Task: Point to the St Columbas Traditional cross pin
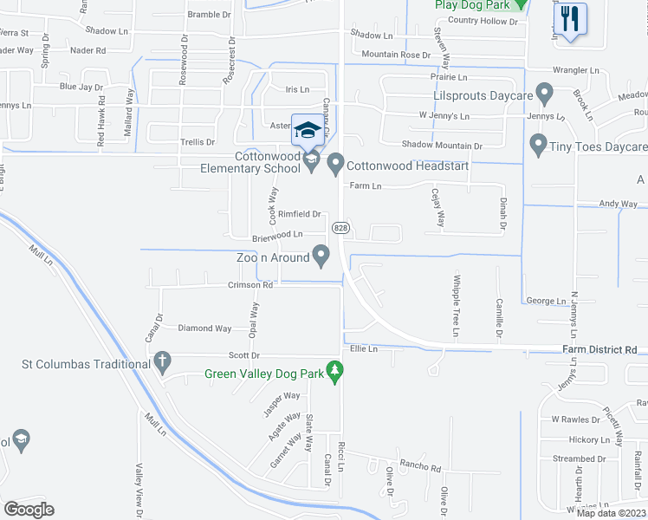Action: [x=162, y=363]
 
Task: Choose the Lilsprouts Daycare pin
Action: [x=545, y=93]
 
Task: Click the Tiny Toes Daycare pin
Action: [x=538, y=146]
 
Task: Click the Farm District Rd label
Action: [x=599, y=349]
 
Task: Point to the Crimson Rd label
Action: [x=250, y=284]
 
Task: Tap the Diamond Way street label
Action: [x=204, y=328]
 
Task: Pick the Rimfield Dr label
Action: [x=300, y=214]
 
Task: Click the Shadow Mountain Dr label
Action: [x=442, y=146]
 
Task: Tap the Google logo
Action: [x=29, y=510]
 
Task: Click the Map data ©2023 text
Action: [x=612, y=513]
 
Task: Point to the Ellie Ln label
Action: [x=364, y=349]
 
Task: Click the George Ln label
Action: [x=546, y=301]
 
